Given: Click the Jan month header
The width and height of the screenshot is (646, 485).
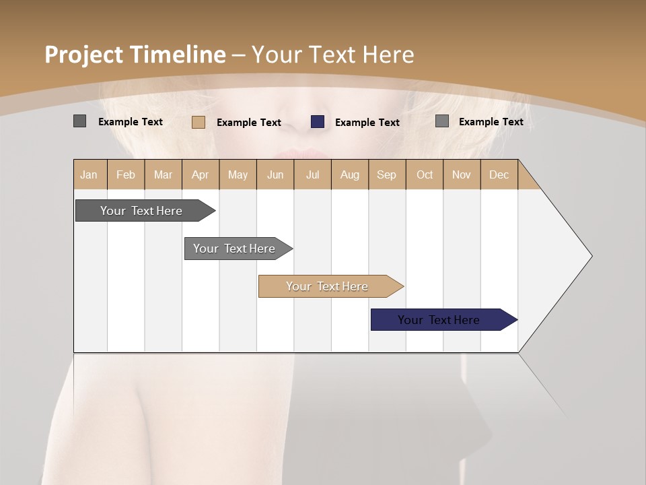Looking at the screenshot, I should click(x=89, y=174).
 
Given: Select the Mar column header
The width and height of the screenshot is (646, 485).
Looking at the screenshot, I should click(x=163, y=174).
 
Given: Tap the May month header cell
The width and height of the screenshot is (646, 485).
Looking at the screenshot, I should click(x=238, y=174).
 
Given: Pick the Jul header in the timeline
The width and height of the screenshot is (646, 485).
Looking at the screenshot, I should click(x=312, y=174).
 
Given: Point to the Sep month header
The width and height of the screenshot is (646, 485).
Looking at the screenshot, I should click(x=386, y=174).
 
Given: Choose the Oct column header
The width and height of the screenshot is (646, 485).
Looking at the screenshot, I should click(x=425, y=174).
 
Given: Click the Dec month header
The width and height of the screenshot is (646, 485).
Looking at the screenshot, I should click(x=499, y=174).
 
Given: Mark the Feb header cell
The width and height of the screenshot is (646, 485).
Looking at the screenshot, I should click(x=126, y=174).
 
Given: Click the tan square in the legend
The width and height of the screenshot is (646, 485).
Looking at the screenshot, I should click(x=199, y=122).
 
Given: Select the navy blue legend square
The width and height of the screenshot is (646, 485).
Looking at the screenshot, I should click(x=318, y=122).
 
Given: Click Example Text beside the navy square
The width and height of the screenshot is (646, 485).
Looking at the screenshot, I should click(x=367, y=123).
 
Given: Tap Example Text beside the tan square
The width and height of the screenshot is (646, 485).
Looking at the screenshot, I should click(x=248, y=123).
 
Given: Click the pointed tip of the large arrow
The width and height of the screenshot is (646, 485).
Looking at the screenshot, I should click(x=590, y=256).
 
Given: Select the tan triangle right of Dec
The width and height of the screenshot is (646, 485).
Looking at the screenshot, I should click(x=527, y=179).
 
